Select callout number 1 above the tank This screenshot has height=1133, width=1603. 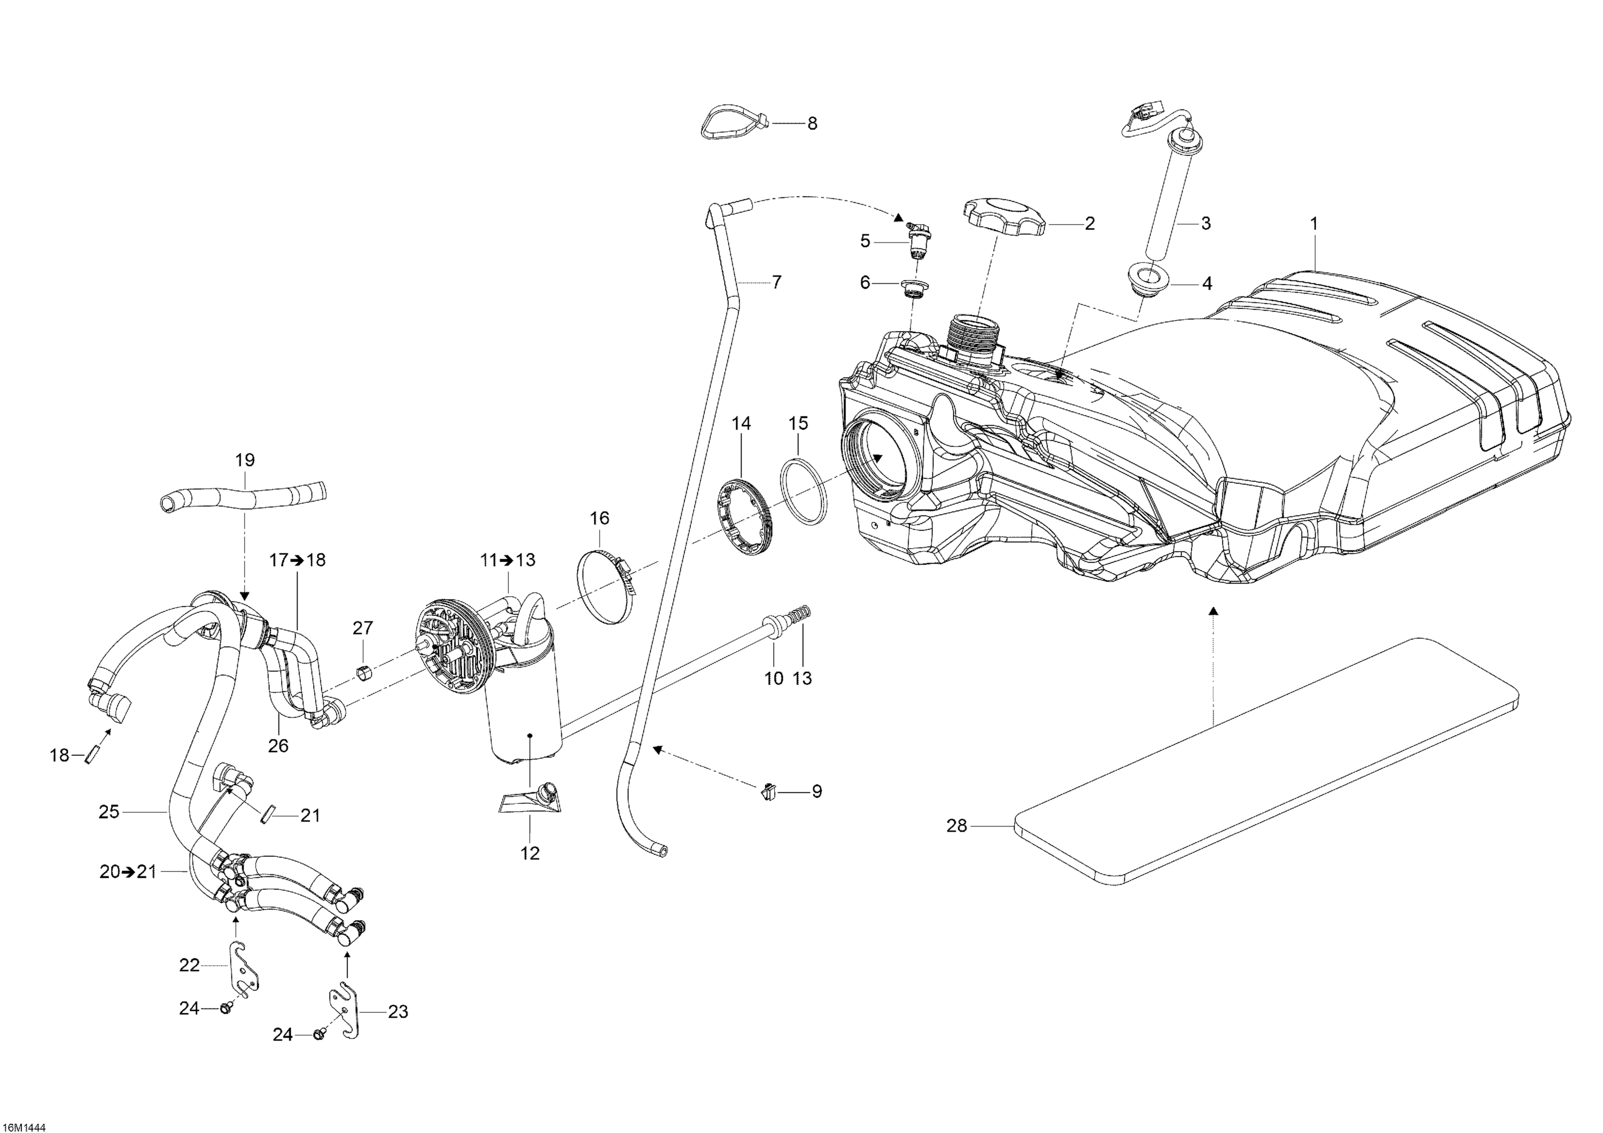coord(1314,224)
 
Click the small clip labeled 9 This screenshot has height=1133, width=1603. coord(768,791)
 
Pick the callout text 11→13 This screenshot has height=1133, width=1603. coord(508,560)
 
